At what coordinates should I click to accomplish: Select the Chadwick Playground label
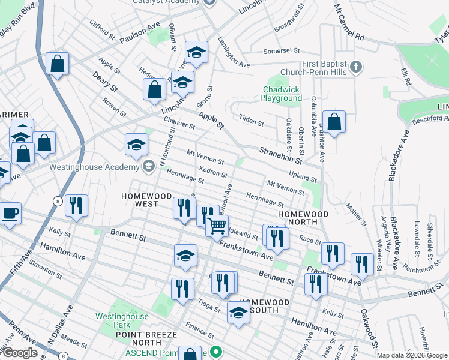(x=282, y=94)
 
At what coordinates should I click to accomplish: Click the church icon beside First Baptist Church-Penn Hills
(x=356, y=67)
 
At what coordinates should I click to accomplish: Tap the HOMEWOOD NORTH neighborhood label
(x=303, y=218)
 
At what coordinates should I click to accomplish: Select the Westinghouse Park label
(x=122, y=320)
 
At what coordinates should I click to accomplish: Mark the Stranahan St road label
(x=280, y=155)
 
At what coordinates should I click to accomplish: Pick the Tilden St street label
(x=252, y=119)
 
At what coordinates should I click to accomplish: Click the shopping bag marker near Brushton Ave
(x=334, y=122)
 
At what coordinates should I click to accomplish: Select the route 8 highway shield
(x=56, y=200)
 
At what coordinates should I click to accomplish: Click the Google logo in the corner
(x=20, y=352)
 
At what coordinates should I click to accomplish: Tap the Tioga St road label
(x=209, y=305)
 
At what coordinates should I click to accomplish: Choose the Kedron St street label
(x=213, y=172)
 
